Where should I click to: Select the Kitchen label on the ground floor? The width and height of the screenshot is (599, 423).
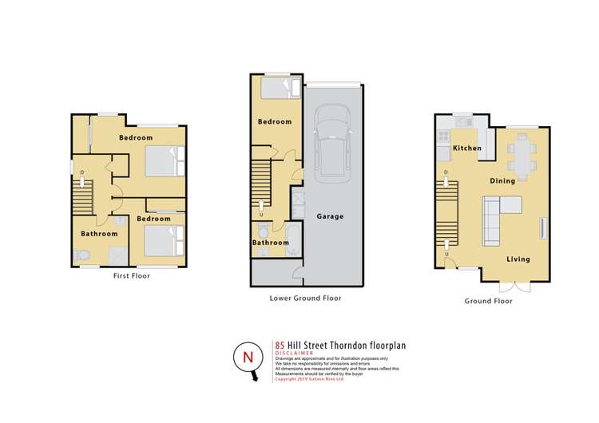467,149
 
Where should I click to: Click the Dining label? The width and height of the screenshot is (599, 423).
503,181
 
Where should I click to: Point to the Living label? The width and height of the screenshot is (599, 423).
518,259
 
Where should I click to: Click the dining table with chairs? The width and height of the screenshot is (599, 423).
523,156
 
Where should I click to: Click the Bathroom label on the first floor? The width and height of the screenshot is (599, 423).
99,234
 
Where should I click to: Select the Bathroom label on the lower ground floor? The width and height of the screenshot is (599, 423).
271,243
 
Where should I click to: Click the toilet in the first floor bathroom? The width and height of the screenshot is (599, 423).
80,255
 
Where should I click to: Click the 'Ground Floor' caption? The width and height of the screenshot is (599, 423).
488,302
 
